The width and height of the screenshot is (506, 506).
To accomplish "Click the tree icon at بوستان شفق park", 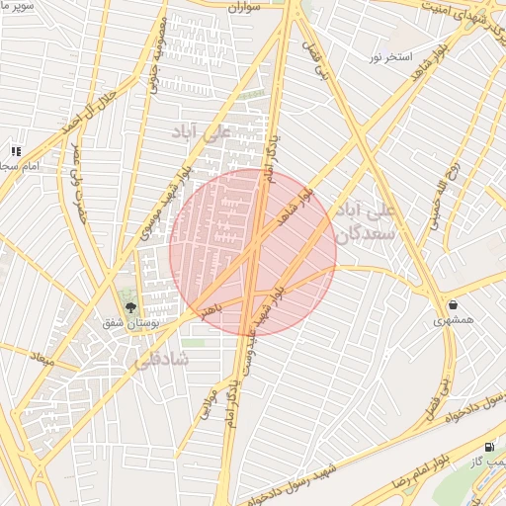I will tap(128, 307).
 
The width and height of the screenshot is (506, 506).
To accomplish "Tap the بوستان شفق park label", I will tap(128, 323).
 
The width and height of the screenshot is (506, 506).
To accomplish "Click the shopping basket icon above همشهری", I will tap(453, 305).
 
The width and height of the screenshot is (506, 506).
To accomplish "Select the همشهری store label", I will tap(453, 321).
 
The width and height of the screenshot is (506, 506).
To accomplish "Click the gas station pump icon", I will tap(492, 447).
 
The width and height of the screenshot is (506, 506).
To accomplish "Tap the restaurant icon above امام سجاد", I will tap(16, 151).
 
